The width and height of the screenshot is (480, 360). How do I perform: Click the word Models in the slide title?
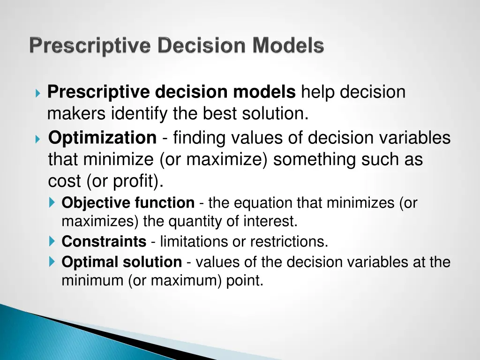coord(288,46)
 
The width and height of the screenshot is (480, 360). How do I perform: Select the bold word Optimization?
coord(103,138)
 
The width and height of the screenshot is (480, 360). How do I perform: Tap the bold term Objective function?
coord(128,203)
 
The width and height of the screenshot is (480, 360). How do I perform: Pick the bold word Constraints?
coord(104,242)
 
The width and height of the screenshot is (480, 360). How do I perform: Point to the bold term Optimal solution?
coord(122,262)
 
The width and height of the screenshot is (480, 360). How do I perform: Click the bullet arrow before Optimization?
coord(38,139)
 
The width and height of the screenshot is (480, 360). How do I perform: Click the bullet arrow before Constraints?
coord(52,242)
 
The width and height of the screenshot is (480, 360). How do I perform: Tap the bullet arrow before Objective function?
coord(52,203)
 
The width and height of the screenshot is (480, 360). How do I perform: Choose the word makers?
coord(77,114)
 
